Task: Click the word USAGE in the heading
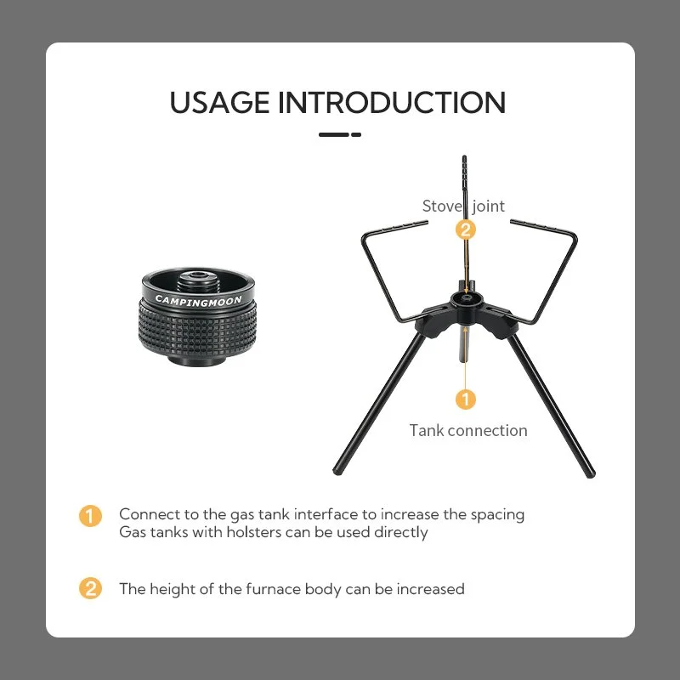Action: (219, 102)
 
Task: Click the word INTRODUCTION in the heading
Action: (392, 102)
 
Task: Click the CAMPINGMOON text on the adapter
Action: (198, 300)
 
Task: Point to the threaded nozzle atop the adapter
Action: (199, 280)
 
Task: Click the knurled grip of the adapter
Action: (197, 331)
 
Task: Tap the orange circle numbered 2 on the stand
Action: (465, 229)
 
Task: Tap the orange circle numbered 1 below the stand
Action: (465, 399)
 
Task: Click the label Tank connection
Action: (468, 431)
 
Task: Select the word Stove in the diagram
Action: (440, 206)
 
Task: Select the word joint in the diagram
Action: (488, 207)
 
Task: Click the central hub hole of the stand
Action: (466, 299)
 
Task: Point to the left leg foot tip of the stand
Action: (337, 471)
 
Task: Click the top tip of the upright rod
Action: (464, 156)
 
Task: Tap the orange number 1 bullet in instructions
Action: (90, 516)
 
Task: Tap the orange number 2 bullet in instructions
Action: (90, 588)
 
